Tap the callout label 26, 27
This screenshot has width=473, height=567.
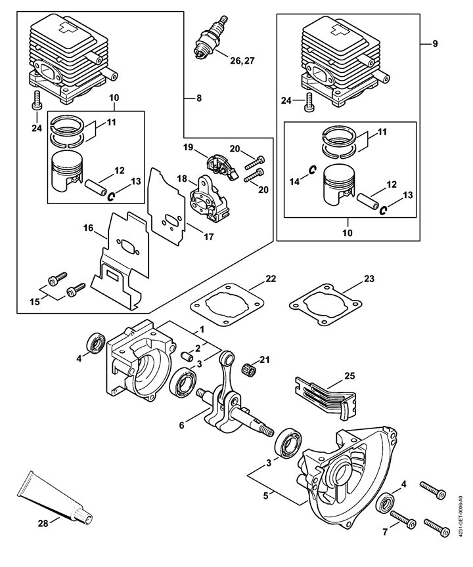242,60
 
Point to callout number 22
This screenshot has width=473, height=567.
271,279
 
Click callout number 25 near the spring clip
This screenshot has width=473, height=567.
349,376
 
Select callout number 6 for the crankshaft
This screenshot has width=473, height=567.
182,425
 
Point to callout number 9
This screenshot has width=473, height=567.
435,44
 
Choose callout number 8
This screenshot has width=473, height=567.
199,98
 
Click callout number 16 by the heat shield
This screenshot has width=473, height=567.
88,228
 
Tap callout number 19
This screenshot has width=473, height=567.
189,147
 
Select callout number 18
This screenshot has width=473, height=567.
182,178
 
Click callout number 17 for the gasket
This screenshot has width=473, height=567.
208,237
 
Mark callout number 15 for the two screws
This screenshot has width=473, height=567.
35,302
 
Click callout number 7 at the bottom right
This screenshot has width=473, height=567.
385,532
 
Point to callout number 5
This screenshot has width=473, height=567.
266,495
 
